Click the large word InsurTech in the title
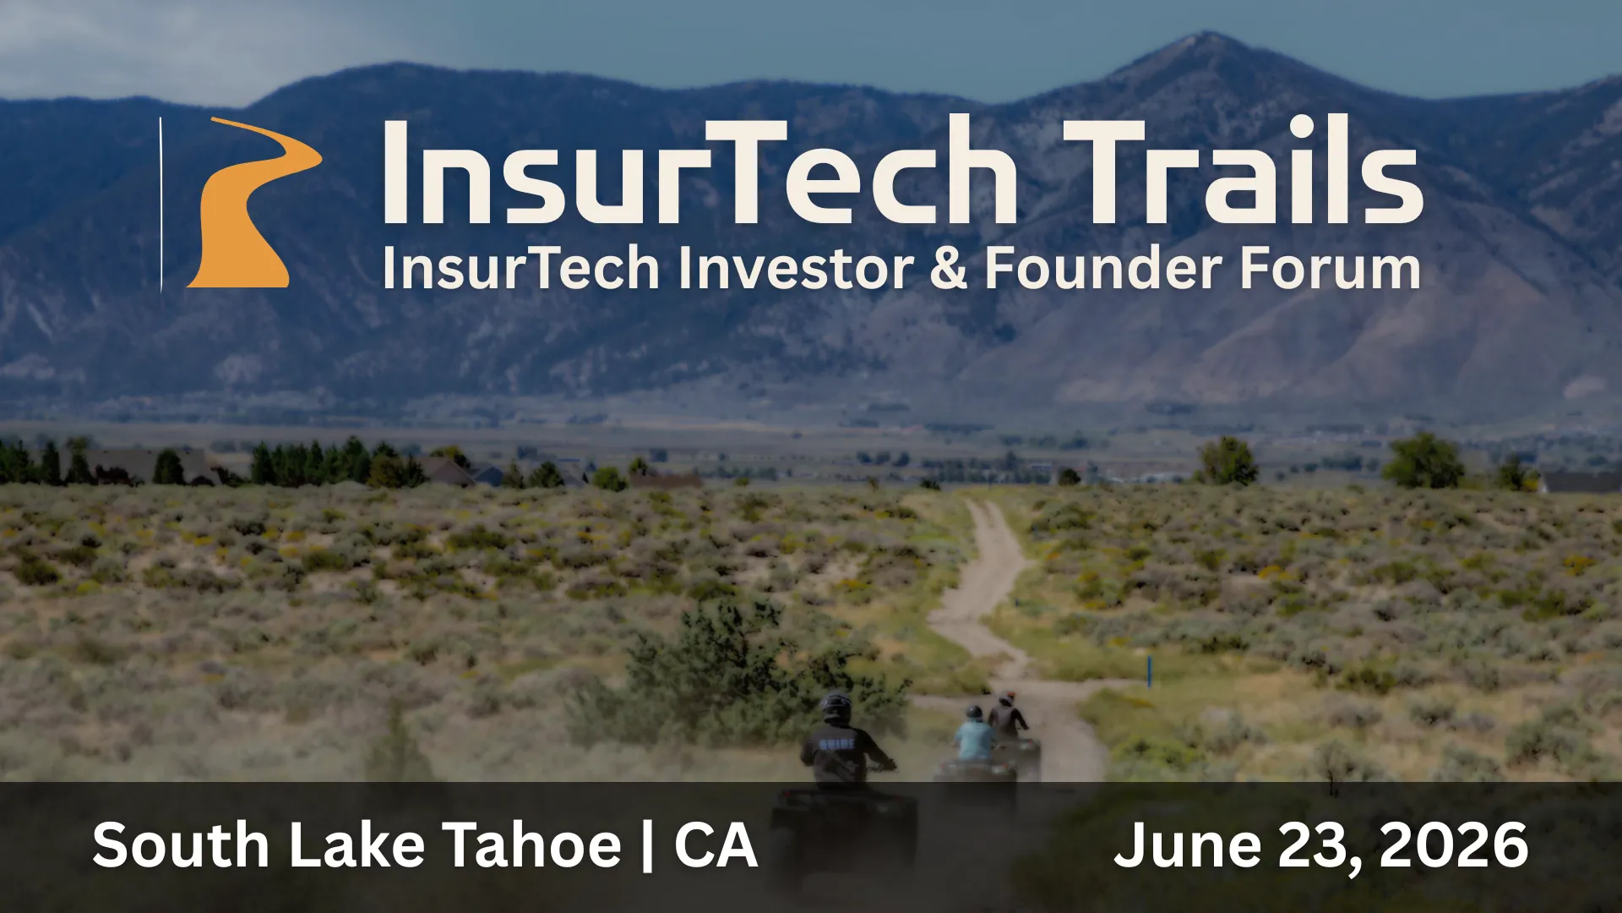click(x=700, y=171)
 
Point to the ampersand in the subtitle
click(x=949, y=268)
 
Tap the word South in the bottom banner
click(x=181, y=845)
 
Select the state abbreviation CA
click(x=716, y=845)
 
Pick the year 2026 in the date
click(x=1454, y=845)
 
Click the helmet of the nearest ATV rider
click(x=835, y=707)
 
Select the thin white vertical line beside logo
click(x=161, y=205)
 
